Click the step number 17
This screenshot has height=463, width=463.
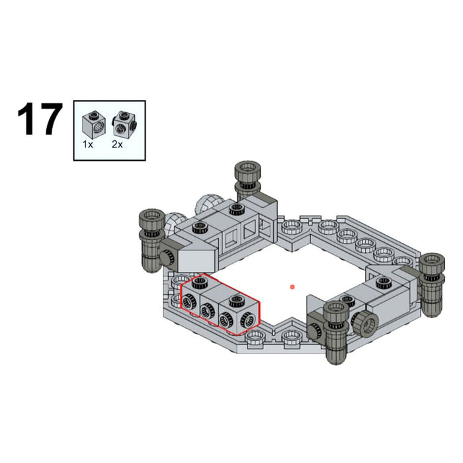tap(40, 119)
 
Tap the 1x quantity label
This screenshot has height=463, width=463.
tap(88, 144)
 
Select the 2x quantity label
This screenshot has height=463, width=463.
tap(117, 144)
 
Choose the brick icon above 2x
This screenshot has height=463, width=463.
tap(124, 124)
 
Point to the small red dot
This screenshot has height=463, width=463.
tap(292, 286)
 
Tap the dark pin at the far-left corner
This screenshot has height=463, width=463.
tap(151, 239)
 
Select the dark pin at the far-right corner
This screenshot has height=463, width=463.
tap(431, 285)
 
